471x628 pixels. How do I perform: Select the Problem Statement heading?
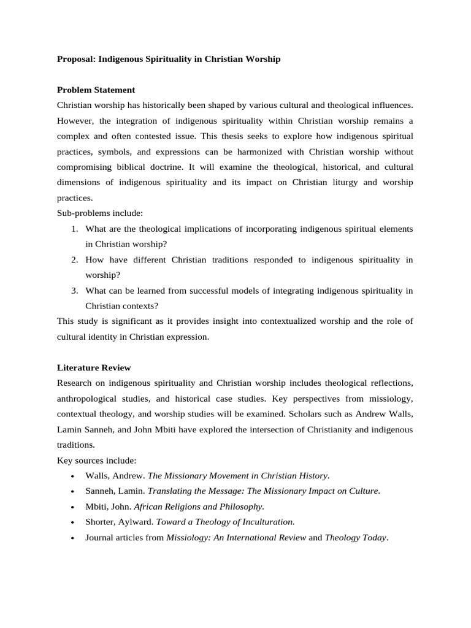(96, 90)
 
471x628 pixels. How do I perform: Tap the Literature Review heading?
(94, 368)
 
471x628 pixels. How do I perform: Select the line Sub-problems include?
(99, 213)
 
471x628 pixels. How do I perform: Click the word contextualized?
(297, 321)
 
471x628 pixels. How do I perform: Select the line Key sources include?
(96, 460)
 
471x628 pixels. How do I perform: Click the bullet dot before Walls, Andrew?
(73, 476)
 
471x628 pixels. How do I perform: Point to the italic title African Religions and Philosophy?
(199, 507)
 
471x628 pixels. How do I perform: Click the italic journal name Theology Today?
(355, 537)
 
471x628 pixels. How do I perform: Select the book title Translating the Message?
(195, 491)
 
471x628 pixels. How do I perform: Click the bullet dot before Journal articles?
(73, 538)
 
